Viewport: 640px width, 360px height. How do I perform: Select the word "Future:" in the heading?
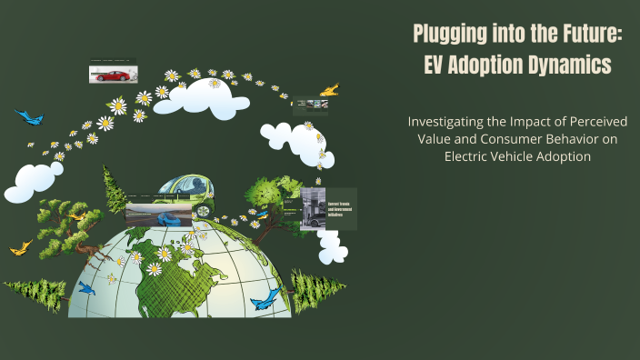[x=583, y=35]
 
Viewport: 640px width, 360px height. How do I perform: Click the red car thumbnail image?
[x=112, y=74]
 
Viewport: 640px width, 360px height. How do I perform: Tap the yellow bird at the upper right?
[x=329, y=90]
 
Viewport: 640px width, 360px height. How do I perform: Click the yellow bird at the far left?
[x=20, y=245]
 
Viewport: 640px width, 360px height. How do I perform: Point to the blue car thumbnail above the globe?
[x=159, y=214]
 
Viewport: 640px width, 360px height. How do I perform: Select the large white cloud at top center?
[x=201, y=97]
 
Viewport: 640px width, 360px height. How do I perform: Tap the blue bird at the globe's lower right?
[x=265, y=297]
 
